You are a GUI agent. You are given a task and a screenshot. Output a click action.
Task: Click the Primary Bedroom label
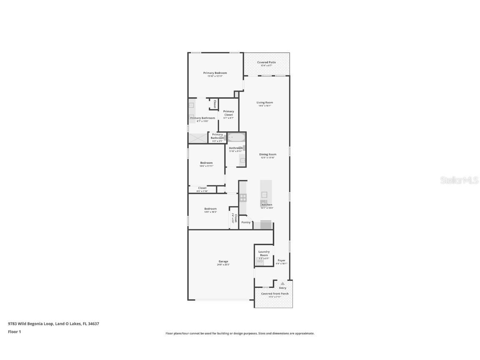[x=215, y=73]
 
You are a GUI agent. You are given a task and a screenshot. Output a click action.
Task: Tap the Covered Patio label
[x=266, y=62]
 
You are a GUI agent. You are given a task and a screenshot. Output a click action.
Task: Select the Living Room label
[x=265, y=102]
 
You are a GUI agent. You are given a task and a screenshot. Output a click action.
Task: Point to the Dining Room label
[x=268, y=155]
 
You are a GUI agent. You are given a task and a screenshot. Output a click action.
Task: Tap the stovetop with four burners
[x=242, y=197]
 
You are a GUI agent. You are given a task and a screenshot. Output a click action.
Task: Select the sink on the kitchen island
[x=264, y=195]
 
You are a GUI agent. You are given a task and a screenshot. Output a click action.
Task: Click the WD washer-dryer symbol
[x=260, y=261]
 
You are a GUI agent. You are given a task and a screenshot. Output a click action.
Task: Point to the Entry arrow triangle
[x=282, y=283]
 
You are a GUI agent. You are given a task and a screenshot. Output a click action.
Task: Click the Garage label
[x=223, y=262]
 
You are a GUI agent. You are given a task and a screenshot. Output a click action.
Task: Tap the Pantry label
[x=246, y=222]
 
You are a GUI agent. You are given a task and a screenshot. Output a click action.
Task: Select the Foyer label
[x=282, y=260]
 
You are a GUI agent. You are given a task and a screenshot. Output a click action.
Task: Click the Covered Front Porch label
[x=275, y=294]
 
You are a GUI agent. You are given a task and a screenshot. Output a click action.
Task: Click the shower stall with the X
[x=197, y=138]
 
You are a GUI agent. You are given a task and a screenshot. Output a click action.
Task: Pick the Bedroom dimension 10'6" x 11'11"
[x=206, y=166]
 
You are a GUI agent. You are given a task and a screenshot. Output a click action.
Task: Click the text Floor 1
[x=14, y=332]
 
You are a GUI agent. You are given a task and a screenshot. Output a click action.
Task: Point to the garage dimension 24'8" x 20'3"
[x=223, y=265]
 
